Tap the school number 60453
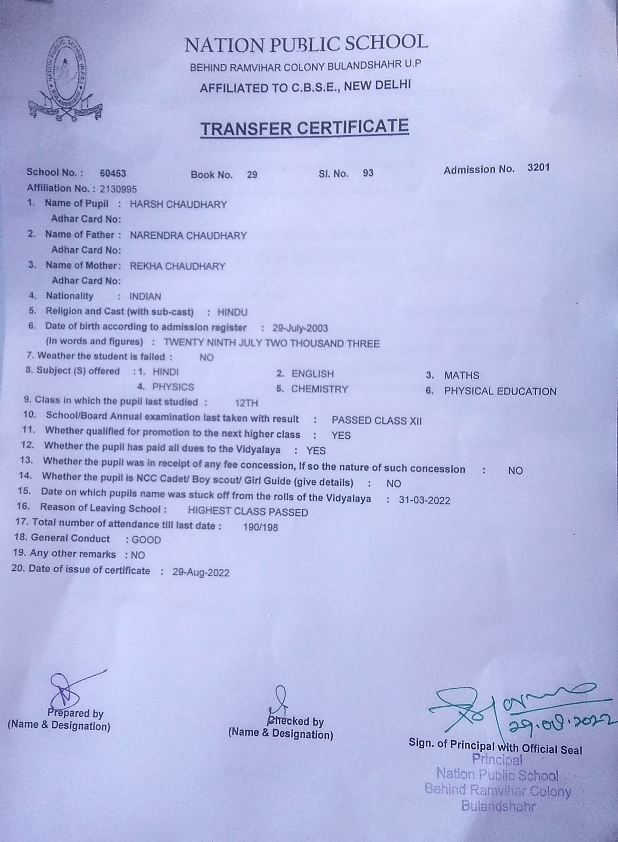click(113, 173)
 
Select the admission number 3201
click(538, 167)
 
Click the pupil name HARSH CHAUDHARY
click(178, 204)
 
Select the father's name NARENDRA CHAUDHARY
click(188, 236)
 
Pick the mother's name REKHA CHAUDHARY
click(177, 266)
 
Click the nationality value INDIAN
click(145, 297)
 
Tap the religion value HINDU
click(232, 312)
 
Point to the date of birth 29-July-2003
click(300, 328)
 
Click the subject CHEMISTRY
click(320, 389)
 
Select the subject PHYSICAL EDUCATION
click(500, 391)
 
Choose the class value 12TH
click(246, 403)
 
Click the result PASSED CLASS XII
click(376, 420)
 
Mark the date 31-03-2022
click(424, 500)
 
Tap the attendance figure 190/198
click(260, 527)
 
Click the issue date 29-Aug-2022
click(201, 572)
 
